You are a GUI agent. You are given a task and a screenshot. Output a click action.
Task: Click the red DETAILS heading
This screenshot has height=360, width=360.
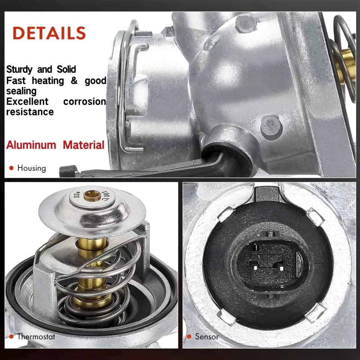pos(49,33)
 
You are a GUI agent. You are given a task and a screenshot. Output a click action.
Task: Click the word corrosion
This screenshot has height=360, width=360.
pos(84,102)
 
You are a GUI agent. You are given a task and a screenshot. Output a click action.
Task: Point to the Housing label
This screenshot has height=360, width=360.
pos(31,168)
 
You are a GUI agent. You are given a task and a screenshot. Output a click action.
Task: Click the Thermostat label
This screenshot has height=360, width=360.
pos(36,336)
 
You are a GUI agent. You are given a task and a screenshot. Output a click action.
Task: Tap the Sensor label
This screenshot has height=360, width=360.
pos(207,336)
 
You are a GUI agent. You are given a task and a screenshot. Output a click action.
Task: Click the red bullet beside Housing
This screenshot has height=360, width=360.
pos(11,168)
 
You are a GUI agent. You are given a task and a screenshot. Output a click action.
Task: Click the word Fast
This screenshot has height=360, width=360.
pos(16,81)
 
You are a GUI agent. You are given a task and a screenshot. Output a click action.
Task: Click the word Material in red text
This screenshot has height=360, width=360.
pos(84,145)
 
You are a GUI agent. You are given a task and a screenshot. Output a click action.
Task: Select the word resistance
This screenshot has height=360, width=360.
pos(30,112)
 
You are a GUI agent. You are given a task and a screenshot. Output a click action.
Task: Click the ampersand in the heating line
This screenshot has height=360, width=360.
pos(73,81)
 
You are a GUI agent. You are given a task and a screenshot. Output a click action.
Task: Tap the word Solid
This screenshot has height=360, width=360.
pos(66,70)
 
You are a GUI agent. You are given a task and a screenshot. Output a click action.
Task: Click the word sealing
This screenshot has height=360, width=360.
pos(21,91)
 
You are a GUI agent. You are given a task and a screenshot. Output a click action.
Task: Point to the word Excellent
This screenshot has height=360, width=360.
pos(27,102)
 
